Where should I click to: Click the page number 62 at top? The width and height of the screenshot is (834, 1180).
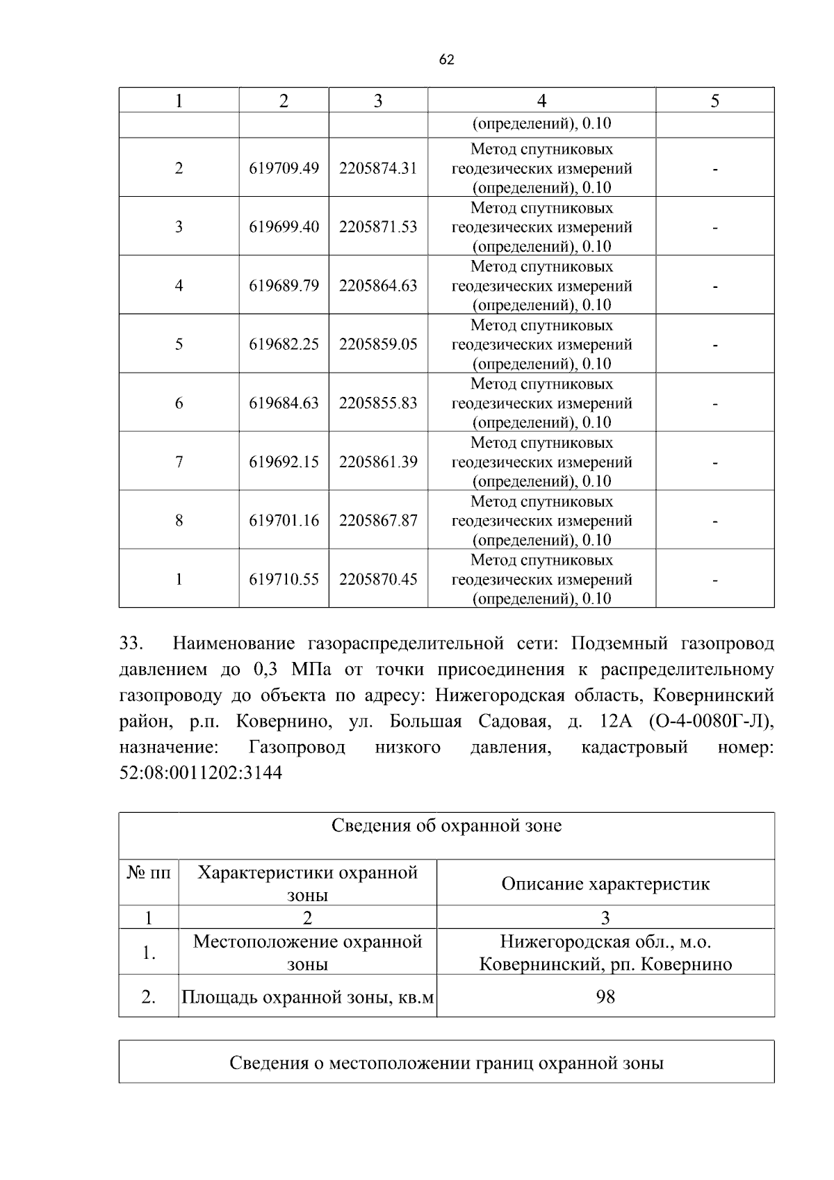pyautogui.click(x=447, y=60)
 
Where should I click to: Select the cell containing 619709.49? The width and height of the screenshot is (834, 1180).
pyautogui.click(x=284, y=168)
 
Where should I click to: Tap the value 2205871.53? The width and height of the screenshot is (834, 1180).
pyautogui.click(x=378, y=227)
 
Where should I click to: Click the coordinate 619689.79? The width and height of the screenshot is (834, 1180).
pyautogui.click(x=284, y=286)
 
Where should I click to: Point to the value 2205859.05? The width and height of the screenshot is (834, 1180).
pyautogui.click(x=378, y=344)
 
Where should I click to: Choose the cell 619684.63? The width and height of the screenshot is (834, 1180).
pyautogui.click(x=284, y=403)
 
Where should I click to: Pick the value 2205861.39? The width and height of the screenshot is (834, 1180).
pyautogui.click(x=378, y=462)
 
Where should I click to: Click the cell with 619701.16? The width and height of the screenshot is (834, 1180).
pyautogui.click(x=284, y=521)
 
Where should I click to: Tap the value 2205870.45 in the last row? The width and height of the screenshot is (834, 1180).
pyautogui.click(x=378, y=579)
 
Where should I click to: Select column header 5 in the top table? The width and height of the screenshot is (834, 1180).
pyautogui.click(x=714, y=101)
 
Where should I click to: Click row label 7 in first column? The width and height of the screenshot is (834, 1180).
pyautogui.click(x=179, y=462)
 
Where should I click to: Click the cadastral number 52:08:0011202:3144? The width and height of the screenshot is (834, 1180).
pyautogui.click(x=201, y=773)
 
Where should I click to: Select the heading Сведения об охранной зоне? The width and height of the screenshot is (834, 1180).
pyautogui.click(x=446, y=826)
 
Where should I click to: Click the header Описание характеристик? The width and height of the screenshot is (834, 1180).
pyautogui.click(x=605, y=884)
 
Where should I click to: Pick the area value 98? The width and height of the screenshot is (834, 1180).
pyautogui.click(x=605, y=997)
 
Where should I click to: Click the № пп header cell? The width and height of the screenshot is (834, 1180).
pyautogui.click(x=149, y=873)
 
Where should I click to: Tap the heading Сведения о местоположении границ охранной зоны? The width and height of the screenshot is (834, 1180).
pyautogui.click(x=446, y=1063)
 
